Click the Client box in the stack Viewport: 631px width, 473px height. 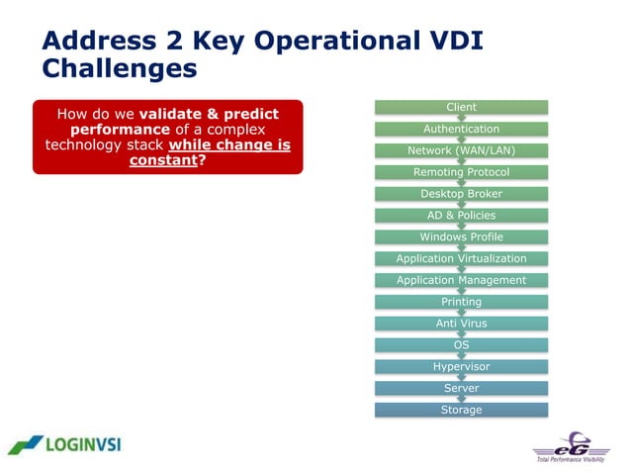(x=461, y=107)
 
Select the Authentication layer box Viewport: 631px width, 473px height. (x=461, y=129)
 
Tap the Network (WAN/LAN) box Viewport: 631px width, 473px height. (x=461, y=150)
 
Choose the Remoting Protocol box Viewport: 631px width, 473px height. (x=461, y=172)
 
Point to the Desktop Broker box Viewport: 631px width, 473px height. (x=461, y=194)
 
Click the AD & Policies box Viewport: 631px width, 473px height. (x=461, y=215)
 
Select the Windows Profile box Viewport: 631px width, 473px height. (x=461, y=236)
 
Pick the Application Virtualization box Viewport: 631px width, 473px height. (x=461, y=258)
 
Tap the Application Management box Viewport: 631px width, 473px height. (x=461, y=280)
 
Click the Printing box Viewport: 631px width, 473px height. (x=461, y=302)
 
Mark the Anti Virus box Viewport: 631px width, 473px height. (x=461, y=323)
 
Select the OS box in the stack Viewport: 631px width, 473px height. (x=461, y=344)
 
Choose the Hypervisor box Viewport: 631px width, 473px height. (x=461, y=366)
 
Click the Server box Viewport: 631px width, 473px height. (x=461, y=388)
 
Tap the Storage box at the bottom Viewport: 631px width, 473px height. (x=461, y=410)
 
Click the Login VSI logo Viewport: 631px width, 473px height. (x=65, y=444)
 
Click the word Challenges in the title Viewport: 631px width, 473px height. (x=119, y=68)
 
